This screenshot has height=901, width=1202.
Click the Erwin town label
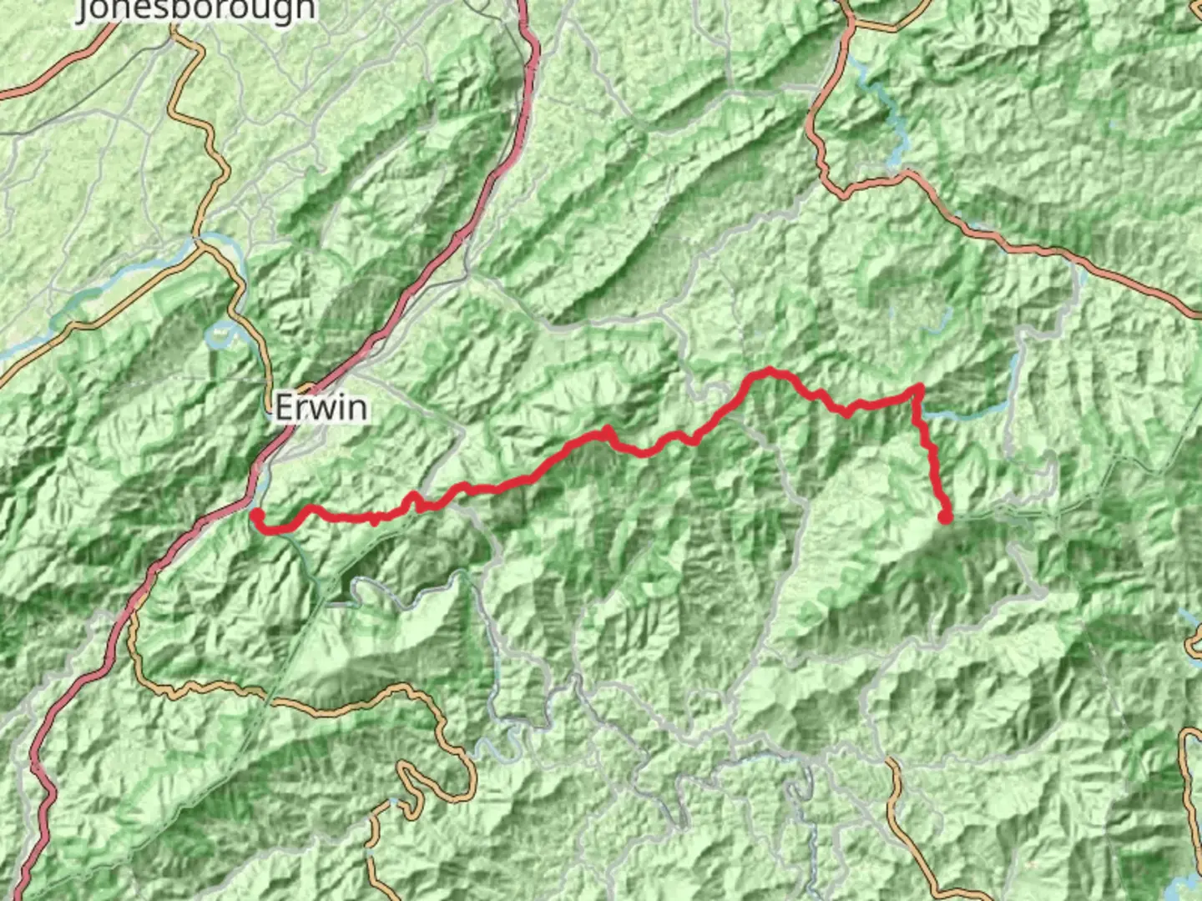click(x=321, y=408)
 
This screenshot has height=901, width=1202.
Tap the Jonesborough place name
click(x=197, y=10)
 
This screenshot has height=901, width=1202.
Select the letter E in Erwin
click(x=285, y=408)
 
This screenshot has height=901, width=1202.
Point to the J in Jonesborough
click(x=86, y=10)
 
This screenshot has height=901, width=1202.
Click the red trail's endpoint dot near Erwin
click(x=257, y=515)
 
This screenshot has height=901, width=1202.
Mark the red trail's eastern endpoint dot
click(x=945, y=517)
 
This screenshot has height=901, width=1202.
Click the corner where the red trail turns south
click(x=919, y=388)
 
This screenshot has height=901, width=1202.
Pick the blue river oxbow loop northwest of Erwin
click(x=221, y=334)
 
